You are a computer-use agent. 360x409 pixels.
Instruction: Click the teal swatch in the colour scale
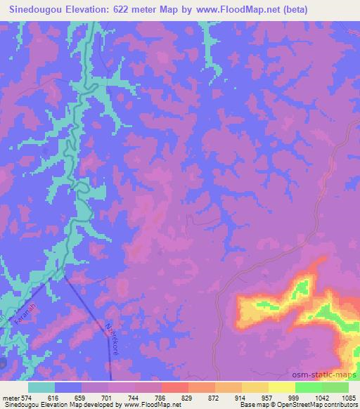pyautogui.click(x=41, y=388)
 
